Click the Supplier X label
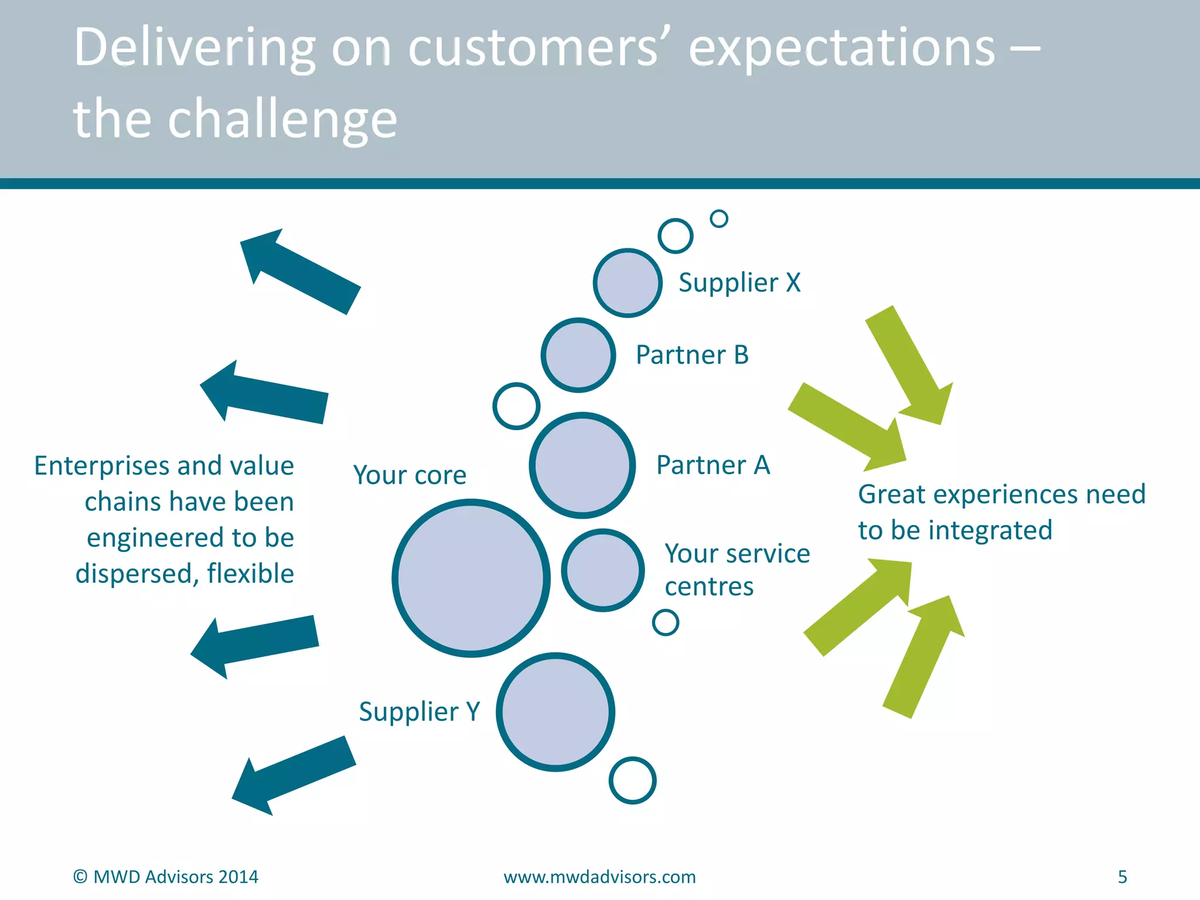coord(739,283)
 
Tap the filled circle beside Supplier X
coord(628,283)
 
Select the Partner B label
coord(692,355)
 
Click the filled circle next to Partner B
coord(578,355)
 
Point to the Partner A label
coord(713,465)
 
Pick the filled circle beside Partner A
coord(582,465)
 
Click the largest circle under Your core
coord(471,578)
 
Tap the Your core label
coord(410,475)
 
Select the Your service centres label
coord(737,570)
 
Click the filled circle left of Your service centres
coord(603,570)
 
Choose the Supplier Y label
coord(420,712)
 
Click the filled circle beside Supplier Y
coord(555,712)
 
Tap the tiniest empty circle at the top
coord(719,219)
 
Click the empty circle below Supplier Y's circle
coord(632,780)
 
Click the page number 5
coord(1122,877)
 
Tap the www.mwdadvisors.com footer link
coord(599,877)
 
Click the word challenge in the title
coord(282,119)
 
